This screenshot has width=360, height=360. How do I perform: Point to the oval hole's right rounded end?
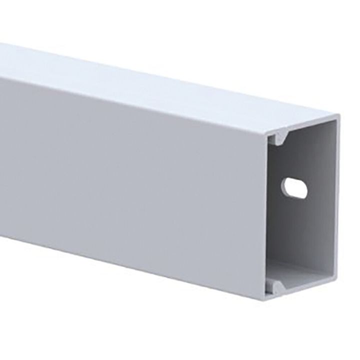click(x=304, y=189)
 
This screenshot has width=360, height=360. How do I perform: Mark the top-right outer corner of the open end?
click(x=338, y=116)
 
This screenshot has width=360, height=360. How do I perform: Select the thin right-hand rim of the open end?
click(x=335, y=210)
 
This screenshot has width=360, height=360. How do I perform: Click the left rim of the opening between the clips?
click(x=268, y=210)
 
